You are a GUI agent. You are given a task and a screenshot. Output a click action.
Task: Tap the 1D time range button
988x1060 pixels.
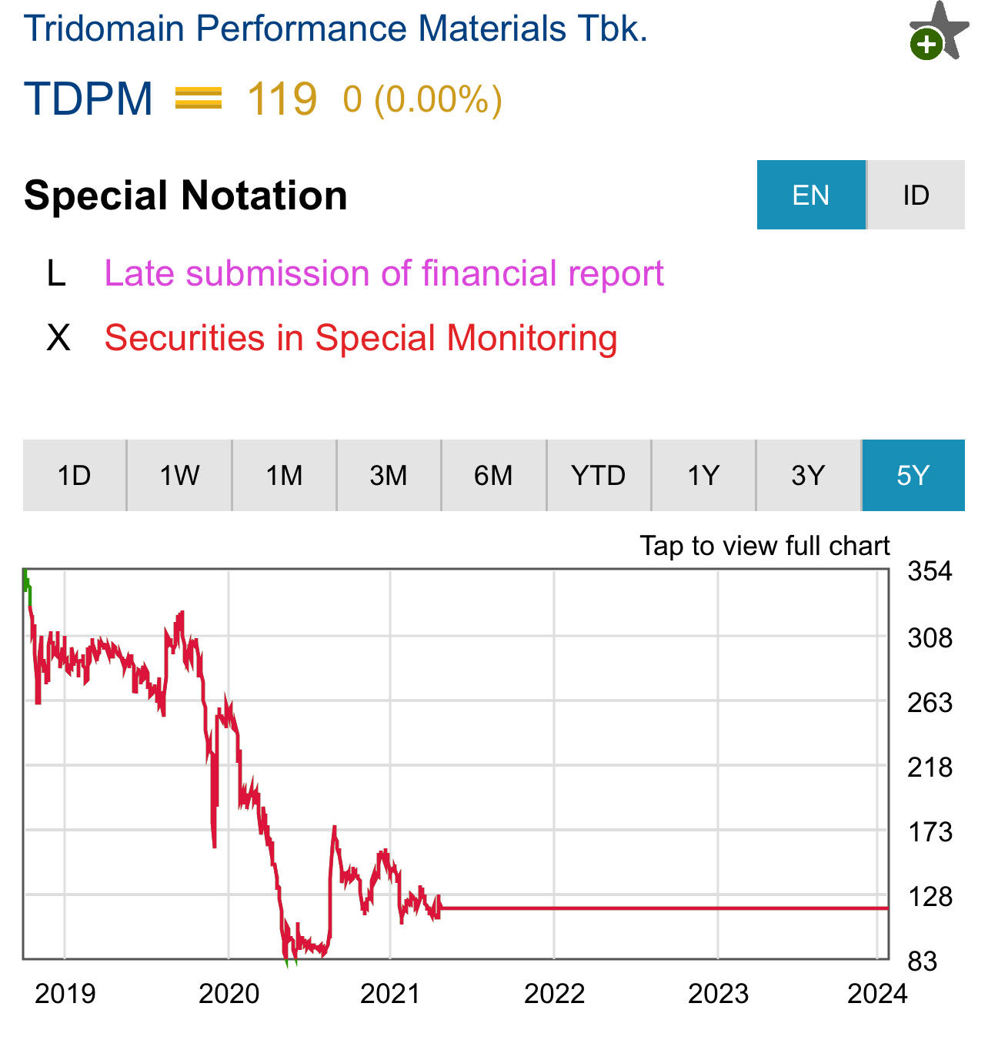(x=75, y=475)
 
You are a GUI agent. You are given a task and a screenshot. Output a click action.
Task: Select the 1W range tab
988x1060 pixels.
(x=179, y=475)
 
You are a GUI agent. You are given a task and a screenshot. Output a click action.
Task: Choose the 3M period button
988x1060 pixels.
(x=389, y=475)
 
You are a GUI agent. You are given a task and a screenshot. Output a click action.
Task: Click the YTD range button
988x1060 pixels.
(x=599, y=475)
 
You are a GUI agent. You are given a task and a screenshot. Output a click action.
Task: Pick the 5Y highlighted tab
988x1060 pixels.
(x=913, y=475)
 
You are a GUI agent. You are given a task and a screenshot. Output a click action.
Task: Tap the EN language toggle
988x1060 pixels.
(x=811, y=195)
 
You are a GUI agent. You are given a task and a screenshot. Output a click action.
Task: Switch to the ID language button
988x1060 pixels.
(x=916, y=195)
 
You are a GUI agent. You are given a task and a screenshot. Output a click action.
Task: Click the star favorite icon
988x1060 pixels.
(x=939, y=32)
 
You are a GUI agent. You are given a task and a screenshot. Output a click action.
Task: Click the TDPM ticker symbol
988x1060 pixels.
(x=88, y=99)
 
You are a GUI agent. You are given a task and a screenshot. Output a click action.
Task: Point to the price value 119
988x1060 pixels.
(x=282, y=99)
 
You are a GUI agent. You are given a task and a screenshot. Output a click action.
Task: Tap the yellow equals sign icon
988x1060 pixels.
(x=199, y=99)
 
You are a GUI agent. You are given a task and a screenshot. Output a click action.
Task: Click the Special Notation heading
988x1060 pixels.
(x=185, y=195)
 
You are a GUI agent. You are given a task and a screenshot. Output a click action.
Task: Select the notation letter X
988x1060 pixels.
(x=58, y=338)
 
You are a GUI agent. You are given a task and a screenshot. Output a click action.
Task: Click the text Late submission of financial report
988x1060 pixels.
(x=384, y=273)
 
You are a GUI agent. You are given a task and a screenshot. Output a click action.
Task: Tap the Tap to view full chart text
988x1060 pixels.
(x=764, y=546)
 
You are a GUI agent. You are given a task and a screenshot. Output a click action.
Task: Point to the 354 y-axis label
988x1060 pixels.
(x=930, y=571)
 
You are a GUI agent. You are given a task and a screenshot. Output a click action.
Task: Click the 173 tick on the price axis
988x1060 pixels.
(x=930, y=832)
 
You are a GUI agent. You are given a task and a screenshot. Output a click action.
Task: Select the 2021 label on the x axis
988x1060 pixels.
(x=390, y=994)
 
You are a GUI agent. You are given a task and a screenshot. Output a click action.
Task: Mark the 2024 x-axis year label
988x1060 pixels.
(x=877, y=994)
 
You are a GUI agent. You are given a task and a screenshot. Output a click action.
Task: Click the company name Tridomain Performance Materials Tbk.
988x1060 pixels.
(x=335, y=28)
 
